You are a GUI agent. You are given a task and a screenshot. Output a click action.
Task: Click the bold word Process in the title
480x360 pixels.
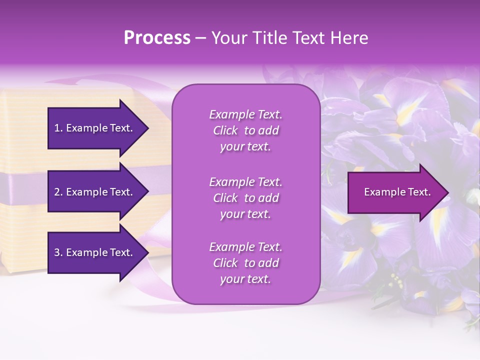coord(157,38)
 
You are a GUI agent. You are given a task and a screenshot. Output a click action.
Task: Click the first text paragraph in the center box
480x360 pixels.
coord(245,130)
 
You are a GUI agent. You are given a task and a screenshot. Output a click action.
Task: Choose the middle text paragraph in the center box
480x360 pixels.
coord(245,198)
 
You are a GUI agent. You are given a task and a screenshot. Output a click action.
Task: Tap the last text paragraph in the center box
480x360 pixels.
coord(245,263)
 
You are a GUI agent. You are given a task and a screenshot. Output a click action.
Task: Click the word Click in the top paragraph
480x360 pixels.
coord(225,131)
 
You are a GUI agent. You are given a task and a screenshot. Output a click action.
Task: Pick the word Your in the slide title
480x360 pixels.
coord(228,38)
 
